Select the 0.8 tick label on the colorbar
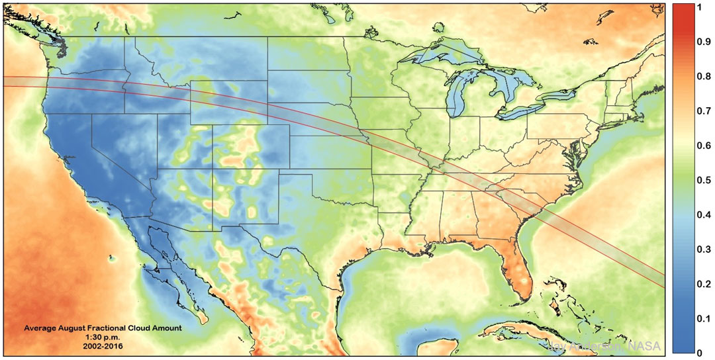click(x=704, y=77)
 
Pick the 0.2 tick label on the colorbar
click(x=704, y=283)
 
